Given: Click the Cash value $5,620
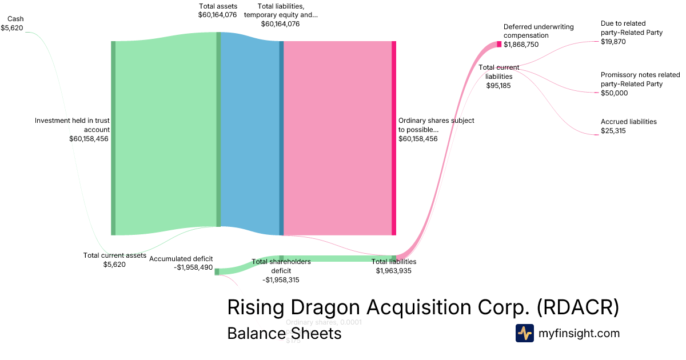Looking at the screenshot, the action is click(12, 27).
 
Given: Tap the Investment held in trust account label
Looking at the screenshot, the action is click(72, 125).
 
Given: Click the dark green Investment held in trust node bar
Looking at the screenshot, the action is click(113, 138).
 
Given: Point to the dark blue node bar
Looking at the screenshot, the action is click(281, 138).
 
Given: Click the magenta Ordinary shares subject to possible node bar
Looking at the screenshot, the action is click(394, 138).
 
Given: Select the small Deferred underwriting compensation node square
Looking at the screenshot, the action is click(499, 44).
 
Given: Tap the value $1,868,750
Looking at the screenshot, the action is click(521, 45).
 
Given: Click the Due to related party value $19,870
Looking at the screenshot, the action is click(613, 42).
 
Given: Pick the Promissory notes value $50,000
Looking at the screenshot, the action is click(614, 93).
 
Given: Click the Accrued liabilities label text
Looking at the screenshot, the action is click(628, 122).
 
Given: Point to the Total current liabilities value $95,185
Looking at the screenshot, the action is click(498, 86).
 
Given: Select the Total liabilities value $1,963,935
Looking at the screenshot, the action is click(394, 271).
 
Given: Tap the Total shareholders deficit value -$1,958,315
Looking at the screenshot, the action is click(281, 280).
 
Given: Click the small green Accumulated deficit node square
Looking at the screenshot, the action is click(217, 272).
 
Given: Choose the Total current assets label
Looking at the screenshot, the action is click(114, 255).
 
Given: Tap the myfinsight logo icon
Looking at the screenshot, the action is click(524, 333).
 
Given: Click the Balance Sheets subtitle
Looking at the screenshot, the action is click(284, 333).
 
